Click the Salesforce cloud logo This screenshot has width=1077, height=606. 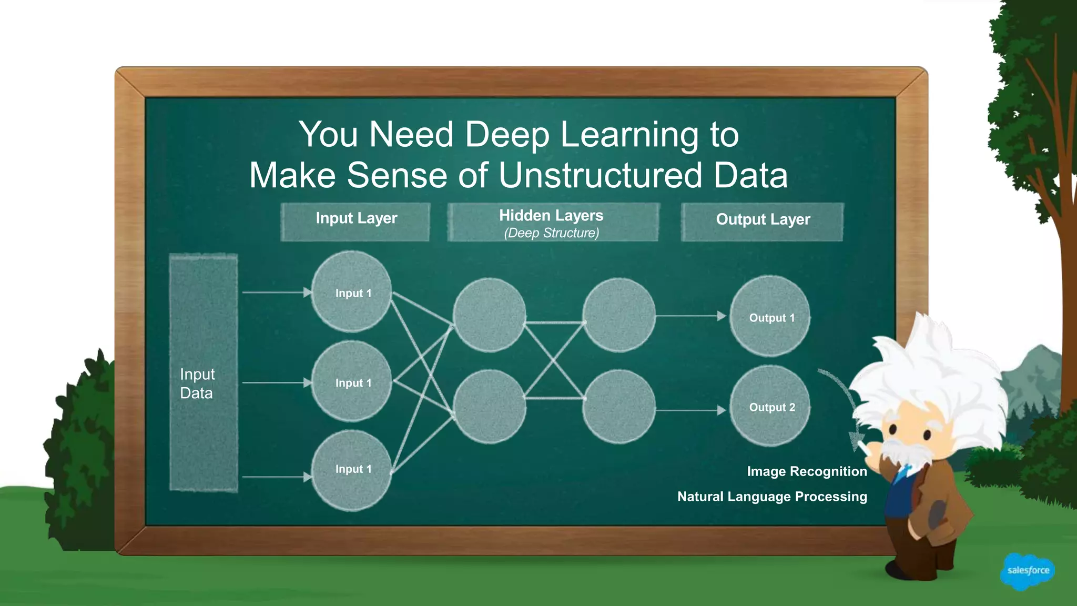click(1028, 571)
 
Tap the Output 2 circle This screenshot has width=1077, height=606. click(770, 406)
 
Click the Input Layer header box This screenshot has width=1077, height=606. click(355, 221)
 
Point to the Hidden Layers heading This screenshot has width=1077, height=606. click(551, 215)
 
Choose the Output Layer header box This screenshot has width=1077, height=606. click(763, 221)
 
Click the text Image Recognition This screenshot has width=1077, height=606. click(807, 471)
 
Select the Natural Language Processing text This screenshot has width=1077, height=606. click(772, 497)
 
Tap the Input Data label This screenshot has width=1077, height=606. click(197, 383)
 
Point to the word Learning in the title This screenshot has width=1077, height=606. click(629, 134)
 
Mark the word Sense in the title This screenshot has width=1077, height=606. click(397, 175)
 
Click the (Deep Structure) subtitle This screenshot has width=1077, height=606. click(552, 233)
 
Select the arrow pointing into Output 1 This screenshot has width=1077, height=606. click(691, 316)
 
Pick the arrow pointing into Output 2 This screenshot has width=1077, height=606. click(691, 410)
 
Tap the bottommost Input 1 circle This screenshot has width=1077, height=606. click(351, 470)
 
